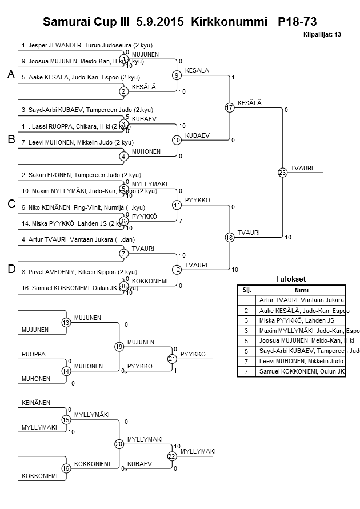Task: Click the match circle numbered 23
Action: point(282,172)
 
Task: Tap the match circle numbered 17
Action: point(230,107)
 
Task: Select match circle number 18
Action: point(230,237)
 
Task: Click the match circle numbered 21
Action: point(172,359)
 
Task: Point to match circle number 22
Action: point(172,456)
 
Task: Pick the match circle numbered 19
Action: point(119,347)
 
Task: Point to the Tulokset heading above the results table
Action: point(291,279)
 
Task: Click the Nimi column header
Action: point(301,290)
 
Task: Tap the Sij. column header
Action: point(247,290)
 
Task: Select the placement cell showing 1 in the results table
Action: point(247,300)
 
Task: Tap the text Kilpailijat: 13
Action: point(322,34)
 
